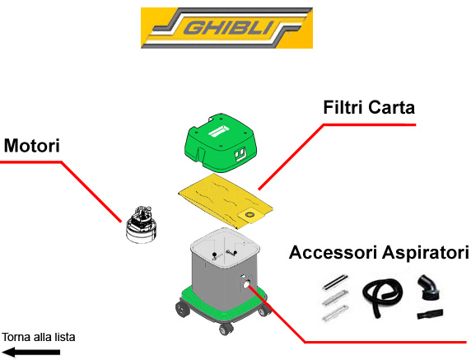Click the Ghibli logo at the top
pyautogui.click(x=226, y=28)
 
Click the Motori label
pyautogui.click(x=32, y=146)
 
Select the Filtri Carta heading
pyautogui.click(x=369, y=107)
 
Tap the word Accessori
pyautogui.click(x=333, y=252)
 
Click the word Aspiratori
pyautogui.click(x=425, y=253)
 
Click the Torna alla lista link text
pyautogui.click(x=39, y=337)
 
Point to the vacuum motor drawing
pyautogui.click(x=141, y=224)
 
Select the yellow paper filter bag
pyautogui.click(x=226, y=201)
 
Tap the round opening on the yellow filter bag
pyautogui.click(x=249, y=214)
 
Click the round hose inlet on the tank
pyautogui.click(x=247, y=284)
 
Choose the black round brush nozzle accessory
pyautogui.click(x=430, y=288)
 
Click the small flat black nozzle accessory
pyautogui.click(x=430, y=314)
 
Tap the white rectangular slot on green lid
pyautogui.click(x=219, y=131)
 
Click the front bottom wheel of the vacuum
pyautogui.click(x=226, y=329)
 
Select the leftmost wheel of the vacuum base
pyautogui.click(x=182, y=308)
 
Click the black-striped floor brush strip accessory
pyautogui.click(x=335, y=283)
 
